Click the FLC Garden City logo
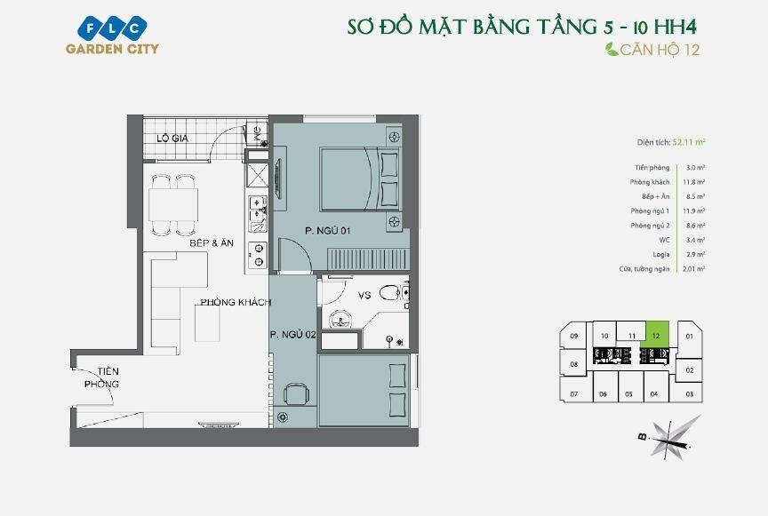(x=112, y=35)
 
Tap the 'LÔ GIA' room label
(x=173, y=138)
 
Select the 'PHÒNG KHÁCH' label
(x=235, y=303)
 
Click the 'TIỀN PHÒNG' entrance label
(x=101, y=377)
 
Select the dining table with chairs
(x=173, y=205)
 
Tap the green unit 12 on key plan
(x=656, y=336)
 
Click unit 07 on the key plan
(x=574, y=393)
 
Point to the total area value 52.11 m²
(x=689, y=141)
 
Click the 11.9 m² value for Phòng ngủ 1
(x=695, y=210)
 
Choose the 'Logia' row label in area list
(x=660, y=254)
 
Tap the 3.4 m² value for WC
(x=695, y=240)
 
